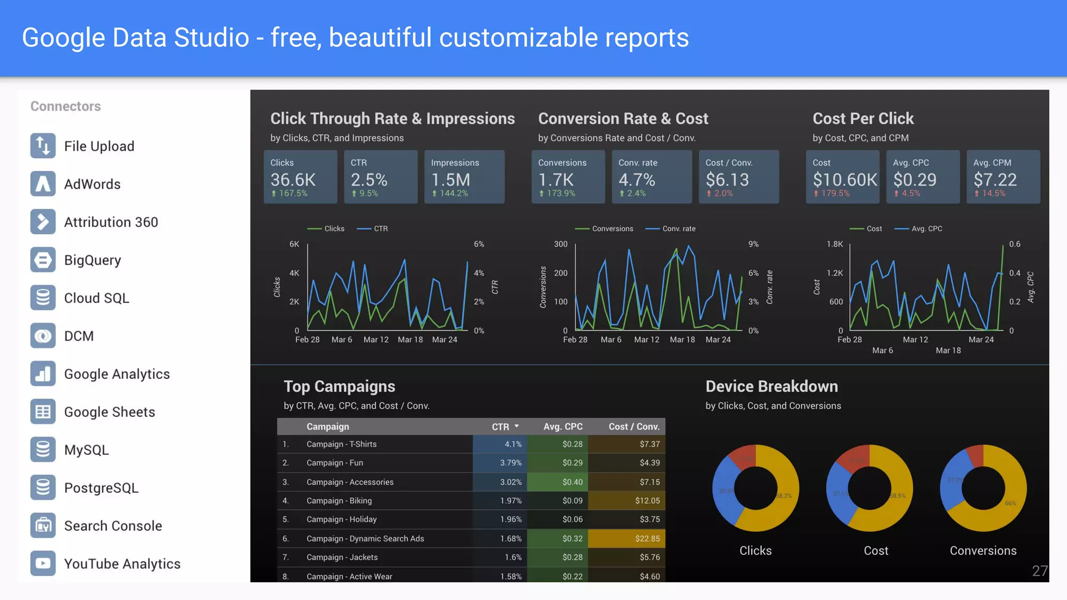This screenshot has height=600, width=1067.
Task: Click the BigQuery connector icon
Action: tap(43, 260)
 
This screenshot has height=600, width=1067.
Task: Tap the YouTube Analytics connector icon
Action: tap(43, 564)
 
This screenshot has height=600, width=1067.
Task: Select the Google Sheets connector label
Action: tap(109, 412)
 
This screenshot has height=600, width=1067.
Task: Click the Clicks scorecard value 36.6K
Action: tap(293, 180)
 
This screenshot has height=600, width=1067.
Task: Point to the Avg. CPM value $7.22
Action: tap(995, 180)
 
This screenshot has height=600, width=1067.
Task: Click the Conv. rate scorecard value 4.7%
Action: tap(637, 180)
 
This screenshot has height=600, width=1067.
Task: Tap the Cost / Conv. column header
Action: tap(634, 427)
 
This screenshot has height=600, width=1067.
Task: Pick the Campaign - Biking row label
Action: tap(339, 501)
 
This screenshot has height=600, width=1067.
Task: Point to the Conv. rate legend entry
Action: tap(678, 229)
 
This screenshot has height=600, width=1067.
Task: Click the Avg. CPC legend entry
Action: tap(926, 229)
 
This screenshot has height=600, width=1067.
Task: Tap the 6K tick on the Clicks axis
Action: tap(294, 244)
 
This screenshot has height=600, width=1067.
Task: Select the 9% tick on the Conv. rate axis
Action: tap(753, 244)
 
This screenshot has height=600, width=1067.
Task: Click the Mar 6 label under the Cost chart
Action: tap(883, 351)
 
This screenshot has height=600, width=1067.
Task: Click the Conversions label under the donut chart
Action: tap(983, 551)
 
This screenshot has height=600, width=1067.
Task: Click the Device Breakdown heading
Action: tap(772, 386)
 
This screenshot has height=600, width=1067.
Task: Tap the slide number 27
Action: tap(1039, 571)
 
